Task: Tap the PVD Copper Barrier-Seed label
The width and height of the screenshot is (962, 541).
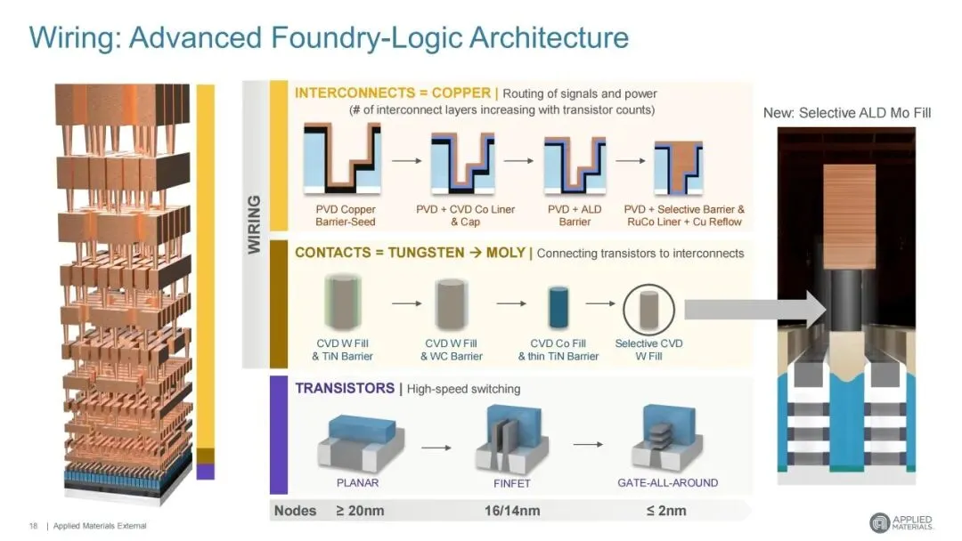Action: (x=346, y=215)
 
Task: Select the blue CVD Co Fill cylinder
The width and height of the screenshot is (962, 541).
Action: (x=558, y=308)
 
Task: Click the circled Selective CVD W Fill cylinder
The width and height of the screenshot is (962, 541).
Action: (x=648, y=310)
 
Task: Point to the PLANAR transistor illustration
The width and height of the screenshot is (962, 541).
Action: (x=361, y=443)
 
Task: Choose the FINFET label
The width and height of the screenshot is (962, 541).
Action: (x=511, y=483)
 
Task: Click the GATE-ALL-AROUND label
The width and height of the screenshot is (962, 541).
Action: (x=667, y=483)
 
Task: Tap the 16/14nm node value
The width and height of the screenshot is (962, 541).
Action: (x=512, y=511)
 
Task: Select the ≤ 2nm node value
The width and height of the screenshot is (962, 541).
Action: (x=666, y=511)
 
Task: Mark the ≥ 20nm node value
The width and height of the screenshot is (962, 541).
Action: (x=360, y=511)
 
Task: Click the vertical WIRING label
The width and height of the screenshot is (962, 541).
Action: (x=254, y=224)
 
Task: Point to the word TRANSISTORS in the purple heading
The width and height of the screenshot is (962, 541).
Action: (x=345, y=389)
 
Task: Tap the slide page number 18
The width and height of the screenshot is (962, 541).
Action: (x=33, y=526)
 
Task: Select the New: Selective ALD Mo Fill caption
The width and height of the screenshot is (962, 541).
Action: (x=847, y=113)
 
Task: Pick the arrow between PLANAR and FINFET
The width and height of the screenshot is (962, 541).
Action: (x=436, y=448)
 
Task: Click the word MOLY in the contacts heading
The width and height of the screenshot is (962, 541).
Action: (x=506, y=253)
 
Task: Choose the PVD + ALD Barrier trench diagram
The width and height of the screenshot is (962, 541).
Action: (x=575, y=164)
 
